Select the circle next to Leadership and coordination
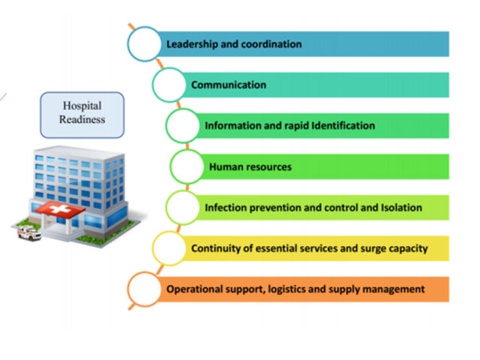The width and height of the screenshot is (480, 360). coord(144,43)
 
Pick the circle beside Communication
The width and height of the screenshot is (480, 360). coord(169,85)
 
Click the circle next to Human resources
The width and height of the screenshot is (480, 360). coord(187,166)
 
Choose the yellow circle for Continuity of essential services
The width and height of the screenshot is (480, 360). coord(169,248)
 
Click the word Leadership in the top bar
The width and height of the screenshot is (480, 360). coord(193,44)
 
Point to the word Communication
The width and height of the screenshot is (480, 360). coord(228,85)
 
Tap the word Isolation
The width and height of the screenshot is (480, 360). coord(399,207)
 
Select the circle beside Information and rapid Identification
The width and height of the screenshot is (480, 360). coord(183,125)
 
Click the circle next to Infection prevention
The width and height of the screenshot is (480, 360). coord(183,207)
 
